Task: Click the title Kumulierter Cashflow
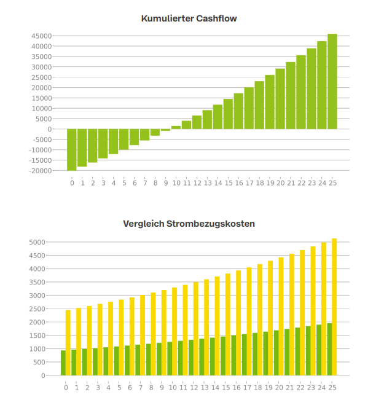[189, 18]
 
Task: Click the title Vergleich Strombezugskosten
[189, 224]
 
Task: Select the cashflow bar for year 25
[332, 82]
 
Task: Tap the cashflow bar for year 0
[72, 149]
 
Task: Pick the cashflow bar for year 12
[197, 122]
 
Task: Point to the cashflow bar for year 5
[124, 139]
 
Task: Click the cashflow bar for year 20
[280, 99]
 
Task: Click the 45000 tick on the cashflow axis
[41, 36]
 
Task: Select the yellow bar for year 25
[335, 307]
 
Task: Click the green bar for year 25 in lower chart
[329, 349]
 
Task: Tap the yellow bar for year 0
[68, 342]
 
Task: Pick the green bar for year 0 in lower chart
[63, 363]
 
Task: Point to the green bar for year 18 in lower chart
[255, 354]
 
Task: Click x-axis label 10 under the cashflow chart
[176, 182]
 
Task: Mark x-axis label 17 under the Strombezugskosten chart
[246, 388]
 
